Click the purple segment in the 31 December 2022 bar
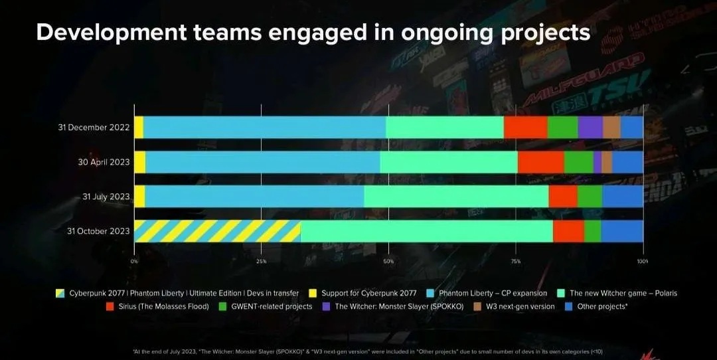(x=590, y=127)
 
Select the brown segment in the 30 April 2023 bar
(x=607, y=162)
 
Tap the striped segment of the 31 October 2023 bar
(x=217, y=231)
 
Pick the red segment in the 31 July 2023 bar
(x=563, y=197)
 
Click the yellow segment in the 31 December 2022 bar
(x=139, y=127)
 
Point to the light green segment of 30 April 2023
(x=449, y=162)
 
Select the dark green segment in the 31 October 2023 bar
(x=592, y=231)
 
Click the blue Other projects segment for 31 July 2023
(x=622, y=197)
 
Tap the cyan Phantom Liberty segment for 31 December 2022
(x=264, y=127)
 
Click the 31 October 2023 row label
(x=98, y=231)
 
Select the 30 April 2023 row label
(x=103, y=162)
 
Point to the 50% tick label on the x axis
(x=388, y=262)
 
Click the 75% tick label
(x=516, y=262)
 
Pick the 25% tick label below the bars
(x=262, y=262)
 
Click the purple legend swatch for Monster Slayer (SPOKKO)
(x=326, y=307)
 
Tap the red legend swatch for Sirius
(x=110, y=307)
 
